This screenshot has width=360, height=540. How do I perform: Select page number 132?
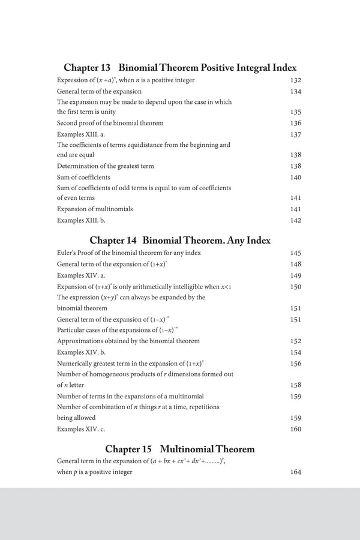coord(295,80)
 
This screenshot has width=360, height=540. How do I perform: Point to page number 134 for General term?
coord(295,91)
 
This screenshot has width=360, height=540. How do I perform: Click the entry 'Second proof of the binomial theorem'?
coord(110,123)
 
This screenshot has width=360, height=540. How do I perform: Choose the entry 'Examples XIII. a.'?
coord(80,134)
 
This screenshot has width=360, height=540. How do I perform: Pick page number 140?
coord(295,177)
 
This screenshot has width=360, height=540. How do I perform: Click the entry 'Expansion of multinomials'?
coord(95,209)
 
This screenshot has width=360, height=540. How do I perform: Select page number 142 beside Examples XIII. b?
coord(295,220)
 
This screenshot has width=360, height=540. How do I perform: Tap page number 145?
coord(295,253)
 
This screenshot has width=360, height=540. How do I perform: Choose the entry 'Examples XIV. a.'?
coord(80,275)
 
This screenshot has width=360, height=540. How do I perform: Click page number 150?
coord(295,287)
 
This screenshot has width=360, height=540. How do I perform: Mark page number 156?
coord(295,364)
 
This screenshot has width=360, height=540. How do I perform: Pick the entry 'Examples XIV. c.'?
coord(80,429)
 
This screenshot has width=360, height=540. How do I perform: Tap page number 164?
coord(295,472)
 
